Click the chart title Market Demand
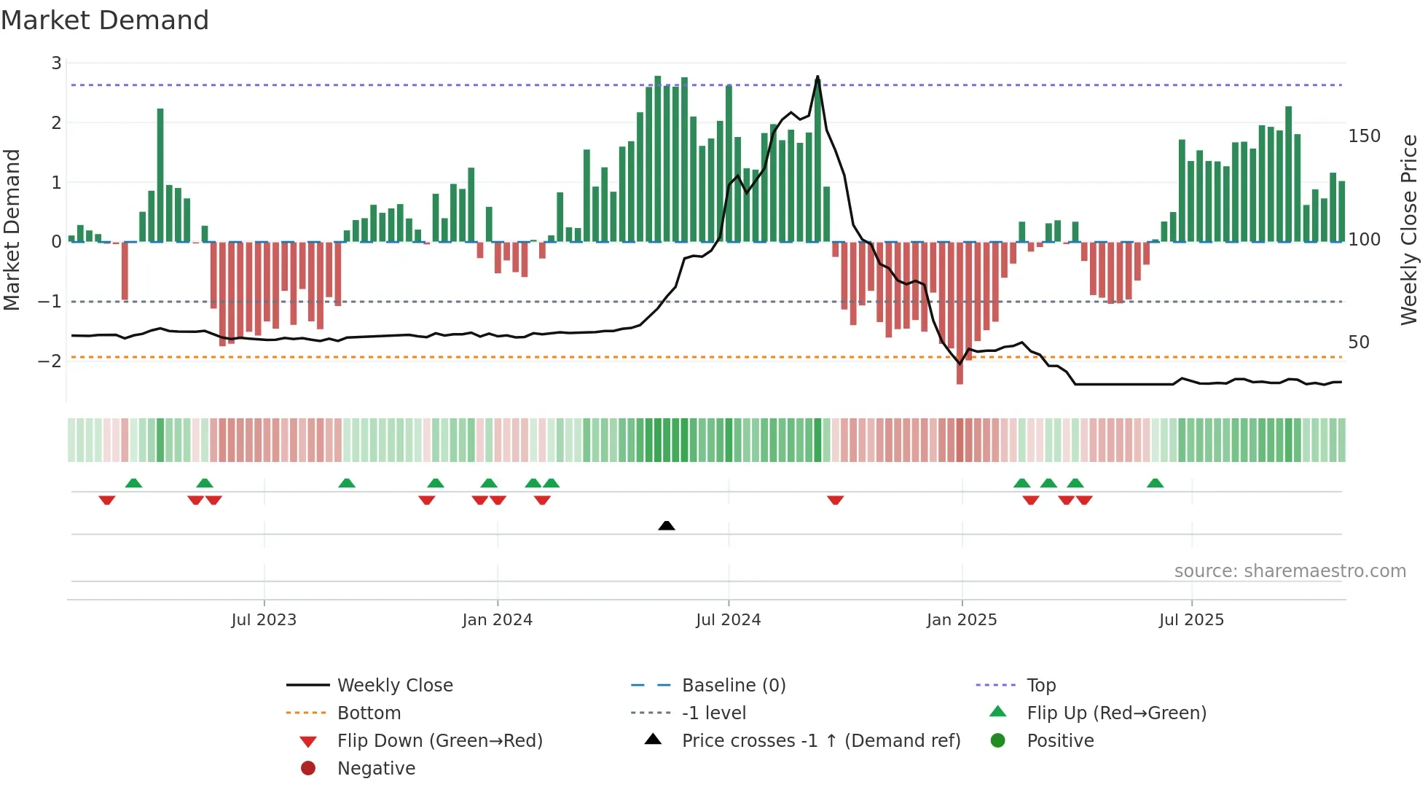tap(105, 20)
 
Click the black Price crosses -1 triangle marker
tap(666, 525)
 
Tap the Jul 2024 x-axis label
tap(728, 620)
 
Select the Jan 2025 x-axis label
tap(961, 620)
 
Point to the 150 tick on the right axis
tap(1364, 136)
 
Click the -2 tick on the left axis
tap(50, 361)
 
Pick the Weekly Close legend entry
tap(394, 686)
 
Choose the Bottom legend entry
tap(369, 713)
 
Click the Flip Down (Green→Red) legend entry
tap(439, 741)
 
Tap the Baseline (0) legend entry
tap(733, 686)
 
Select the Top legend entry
tap(1040, 686)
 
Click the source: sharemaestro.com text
tap(1290, 571)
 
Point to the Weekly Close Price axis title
tap(1409, 230)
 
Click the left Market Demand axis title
tap(12, 230)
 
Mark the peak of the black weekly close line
tap(817, 77)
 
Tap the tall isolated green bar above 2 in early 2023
tap(160, 175)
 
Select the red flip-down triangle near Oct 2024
tap(835, 500)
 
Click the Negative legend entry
tap(376, 769)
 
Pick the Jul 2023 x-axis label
tap(264, 620)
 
